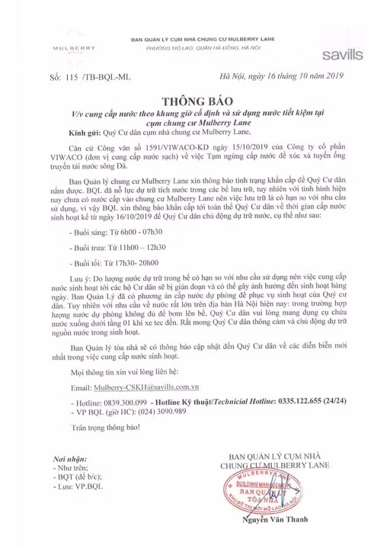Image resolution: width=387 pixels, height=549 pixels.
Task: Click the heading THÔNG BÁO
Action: click(193, 101)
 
